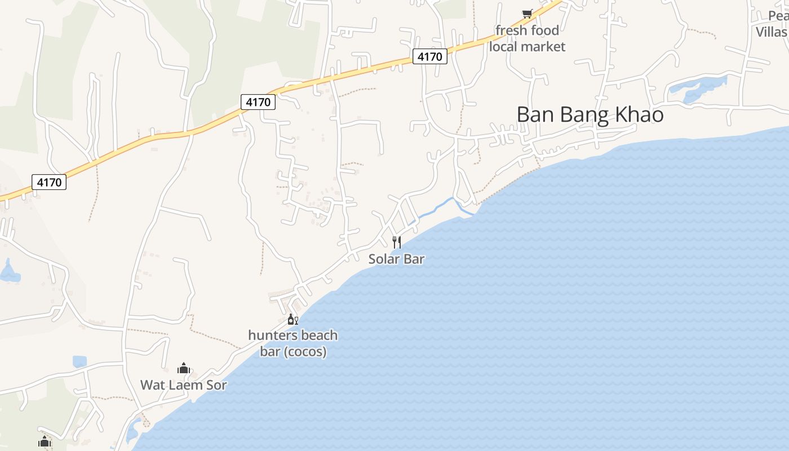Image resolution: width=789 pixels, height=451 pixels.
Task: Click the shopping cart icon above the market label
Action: (527, 14)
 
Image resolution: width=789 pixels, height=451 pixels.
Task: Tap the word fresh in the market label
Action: (509, 30)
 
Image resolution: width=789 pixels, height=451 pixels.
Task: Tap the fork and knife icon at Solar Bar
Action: (397, 242)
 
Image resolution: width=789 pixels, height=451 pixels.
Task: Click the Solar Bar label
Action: (396, 259)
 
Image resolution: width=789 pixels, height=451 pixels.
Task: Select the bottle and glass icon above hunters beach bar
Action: (292, 320)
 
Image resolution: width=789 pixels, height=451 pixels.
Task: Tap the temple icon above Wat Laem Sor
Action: (184, 369)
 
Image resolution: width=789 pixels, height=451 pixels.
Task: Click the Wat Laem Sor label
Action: (184, 386)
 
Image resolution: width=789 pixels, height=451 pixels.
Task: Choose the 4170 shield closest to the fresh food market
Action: (430, 56)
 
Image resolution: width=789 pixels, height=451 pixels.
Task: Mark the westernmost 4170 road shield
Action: (50, 182)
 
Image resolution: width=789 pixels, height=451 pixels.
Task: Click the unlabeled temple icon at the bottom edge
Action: (45, 442)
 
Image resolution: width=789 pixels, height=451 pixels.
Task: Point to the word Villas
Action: (772, 32)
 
